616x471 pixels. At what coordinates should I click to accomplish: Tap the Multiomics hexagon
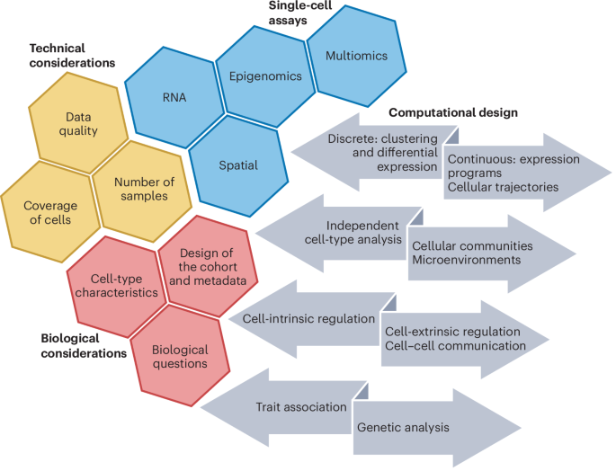coord(357,56)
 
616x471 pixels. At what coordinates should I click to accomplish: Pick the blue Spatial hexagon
coord(238,164)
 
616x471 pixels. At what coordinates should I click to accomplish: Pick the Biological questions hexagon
coord(181,356)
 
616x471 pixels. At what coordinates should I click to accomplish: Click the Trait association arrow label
coord(301,406)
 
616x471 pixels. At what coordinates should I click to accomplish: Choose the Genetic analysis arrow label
coord(401,428)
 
